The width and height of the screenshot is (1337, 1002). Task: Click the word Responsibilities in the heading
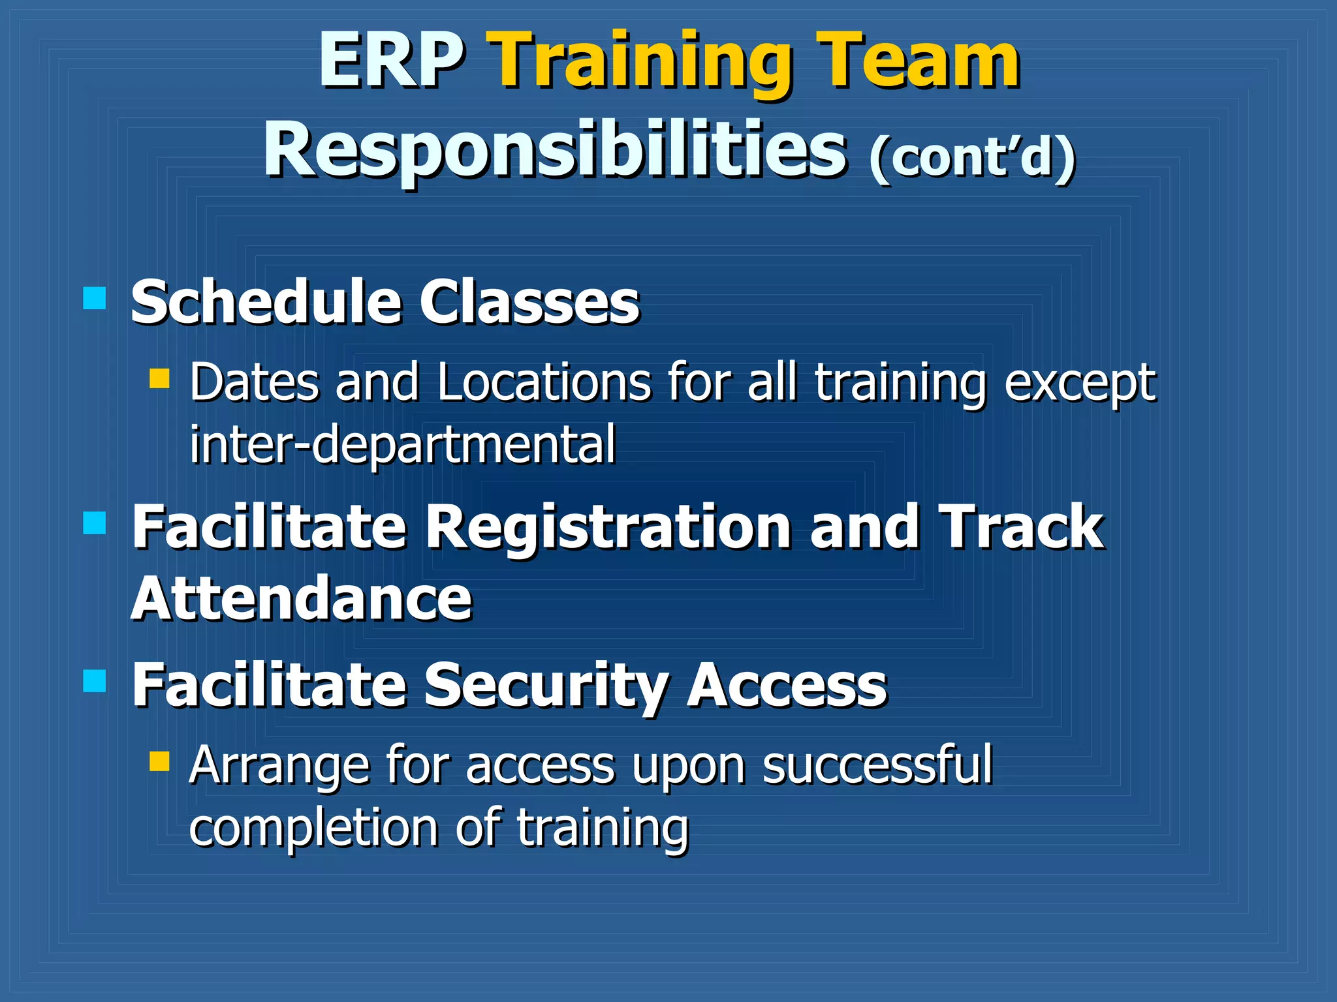(555, 151)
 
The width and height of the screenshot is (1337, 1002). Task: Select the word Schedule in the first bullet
(265, 302)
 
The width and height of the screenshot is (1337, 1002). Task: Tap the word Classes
(529, 302)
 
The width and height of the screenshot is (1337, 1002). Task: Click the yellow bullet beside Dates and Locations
(159, 378)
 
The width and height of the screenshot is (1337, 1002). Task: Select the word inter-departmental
(402, 444)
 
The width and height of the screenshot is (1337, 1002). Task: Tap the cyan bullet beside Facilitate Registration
(95, 523)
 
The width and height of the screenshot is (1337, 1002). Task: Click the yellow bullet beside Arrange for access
(159, 761)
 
